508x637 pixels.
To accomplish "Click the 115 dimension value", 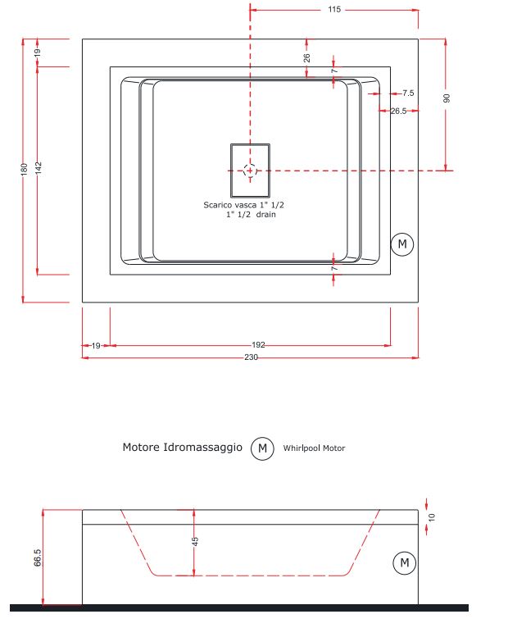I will (333, 10).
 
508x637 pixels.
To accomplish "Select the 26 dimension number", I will (306, 58).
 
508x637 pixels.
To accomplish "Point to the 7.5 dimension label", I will (408, 93).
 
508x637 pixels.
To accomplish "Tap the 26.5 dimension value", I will (399, 111).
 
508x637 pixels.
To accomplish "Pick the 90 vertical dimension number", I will (447, 98).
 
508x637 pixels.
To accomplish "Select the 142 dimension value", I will (39, 167).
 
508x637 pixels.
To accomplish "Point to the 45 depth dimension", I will (195, 541).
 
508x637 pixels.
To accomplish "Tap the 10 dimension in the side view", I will (433, 517).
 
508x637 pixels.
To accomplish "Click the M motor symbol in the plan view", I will (401, 243).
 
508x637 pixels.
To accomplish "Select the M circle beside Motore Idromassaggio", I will (262, 448).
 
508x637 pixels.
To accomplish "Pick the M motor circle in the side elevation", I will (403, 563).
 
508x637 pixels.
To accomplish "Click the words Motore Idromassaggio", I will (182, 448).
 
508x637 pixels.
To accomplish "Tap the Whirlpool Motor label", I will (315, 448).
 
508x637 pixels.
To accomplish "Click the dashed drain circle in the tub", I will (250, 170).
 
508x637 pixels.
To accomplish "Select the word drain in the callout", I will (265, 215).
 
